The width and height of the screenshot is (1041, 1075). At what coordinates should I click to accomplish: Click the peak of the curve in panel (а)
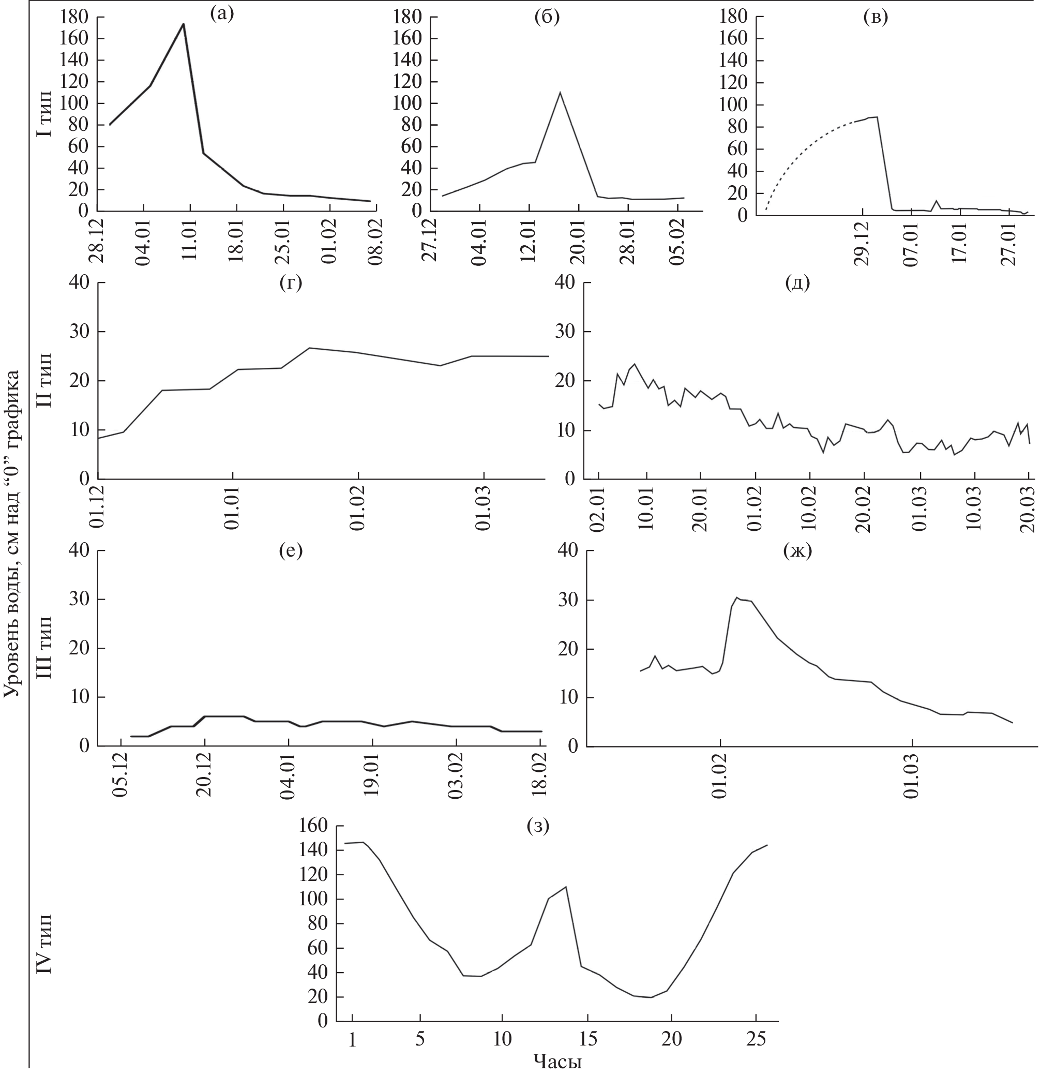183,24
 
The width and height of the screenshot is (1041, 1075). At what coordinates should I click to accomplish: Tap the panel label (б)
547,17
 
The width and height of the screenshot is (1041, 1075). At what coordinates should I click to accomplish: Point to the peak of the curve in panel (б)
560,92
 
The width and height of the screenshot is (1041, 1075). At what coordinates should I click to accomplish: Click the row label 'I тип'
45,113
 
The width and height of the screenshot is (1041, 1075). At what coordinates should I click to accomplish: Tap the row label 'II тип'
45,380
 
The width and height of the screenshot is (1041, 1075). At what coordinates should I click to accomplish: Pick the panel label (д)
797,283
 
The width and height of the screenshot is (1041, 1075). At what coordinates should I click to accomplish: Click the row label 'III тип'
45,648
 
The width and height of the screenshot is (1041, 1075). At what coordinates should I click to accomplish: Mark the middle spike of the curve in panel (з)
565,887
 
